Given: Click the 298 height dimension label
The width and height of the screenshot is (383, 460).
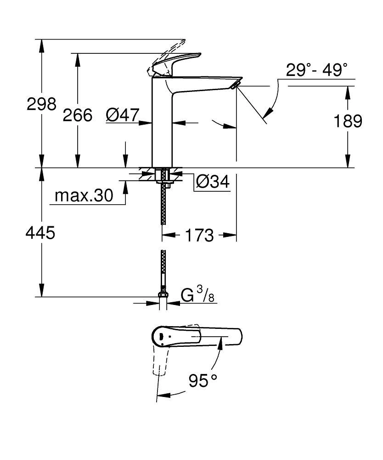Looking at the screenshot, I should point(41,104).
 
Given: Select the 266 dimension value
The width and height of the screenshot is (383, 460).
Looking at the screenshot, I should point(78,115).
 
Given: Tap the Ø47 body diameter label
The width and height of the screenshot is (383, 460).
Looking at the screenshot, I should point(122,115).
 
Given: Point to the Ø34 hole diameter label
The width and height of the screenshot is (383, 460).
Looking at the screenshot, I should point(212,182).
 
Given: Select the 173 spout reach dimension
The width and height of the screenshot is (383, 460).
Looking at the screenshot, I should point(200,236).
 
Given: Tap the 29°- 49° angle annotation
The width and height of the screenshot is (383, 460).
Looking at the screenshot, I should point(316,70).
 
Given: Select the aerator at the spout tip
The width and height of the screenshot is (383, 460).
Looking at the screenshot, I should point(235,85).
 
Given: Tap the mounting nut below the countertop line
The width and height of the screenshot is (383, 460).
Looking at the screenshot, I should point(163,176).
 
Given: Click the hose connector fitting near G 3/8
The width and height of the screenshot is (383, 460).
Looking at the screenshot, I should point(163,295).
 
